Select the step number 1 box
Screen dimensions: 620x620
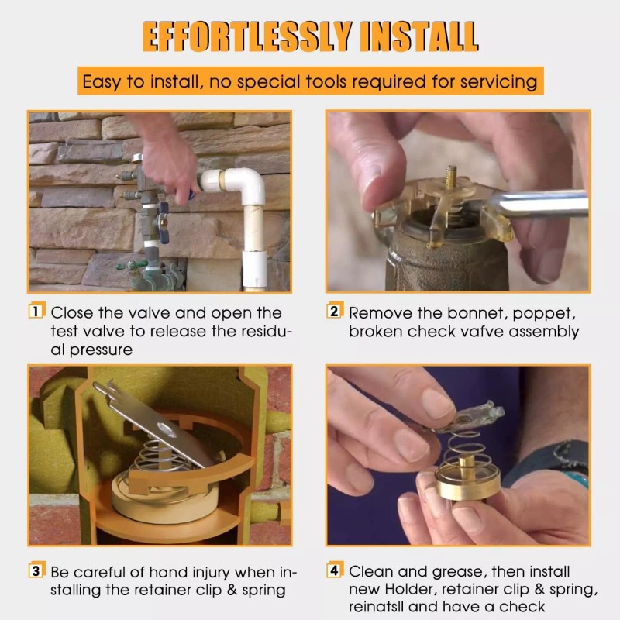point(36,311)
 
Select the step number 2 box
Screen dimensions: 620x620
point(335,311)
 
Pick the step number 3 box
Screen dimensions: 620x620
point(36,570)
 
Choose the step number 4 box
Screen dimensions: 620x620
point(335,570)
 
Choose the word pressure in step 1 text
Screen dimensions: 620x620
point(101,350)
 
